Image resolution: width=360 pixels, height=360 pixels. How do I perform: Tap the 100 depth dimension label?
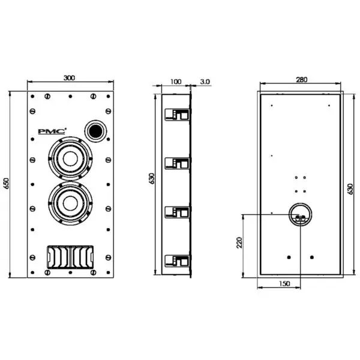pyautogui.click(x=175, y=81)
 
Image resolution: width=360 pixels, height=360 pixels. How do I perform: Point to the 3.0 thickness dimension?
pyautogui.click(x=205, y=81)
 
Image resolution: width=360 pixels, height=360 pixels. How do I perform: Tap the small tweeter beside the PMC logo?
pyautogui.click(x=94, y=130)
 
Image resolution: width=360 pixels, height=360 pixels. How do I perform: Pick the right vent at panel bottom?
pyautogui.click(x=82, y=257)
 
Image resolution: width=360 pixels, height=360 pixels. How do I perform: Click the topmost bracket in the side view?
pyautogui.click(x=178, y=115)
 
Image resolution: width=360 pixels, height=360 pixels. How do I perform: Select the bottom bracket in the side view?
pyautogui.click(x=178, y=260)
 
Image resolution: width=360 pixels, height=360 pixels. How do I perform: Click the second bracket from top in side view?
pyautogui.click(x=178, y=163)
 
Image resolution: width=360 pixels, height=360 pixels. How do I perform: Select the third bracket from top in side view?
pyautogui.click(x=178, y=211)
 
